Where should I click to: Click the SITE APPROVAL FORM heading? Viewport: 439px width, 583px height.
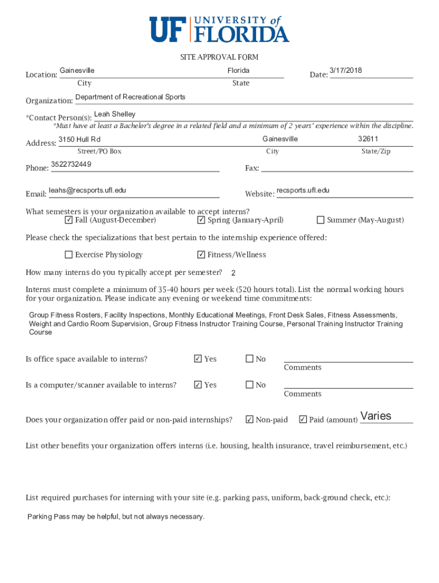pyautogui.click(x=219, y=57)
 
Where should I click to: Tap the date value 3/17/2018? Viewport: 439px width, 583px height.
pyautogui.click(x=345, y=71)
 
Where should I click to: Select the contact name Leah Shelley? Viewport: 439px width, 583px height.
pyautogui.click(x=115, y=114)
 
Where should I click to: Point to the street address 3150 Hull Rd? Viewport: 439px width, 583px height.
pyautogui.click(x=79, y=139)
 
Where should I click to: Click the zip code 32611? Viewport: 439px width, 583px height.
pyautogui.click(x=368, y=139)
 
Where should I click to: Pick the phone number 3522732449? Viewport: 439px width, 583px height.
pyautogui.click(x=71, y=165)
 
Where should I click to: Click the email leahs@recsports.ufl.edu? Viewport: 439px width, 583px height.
pyautogui.click(x=87, y=190)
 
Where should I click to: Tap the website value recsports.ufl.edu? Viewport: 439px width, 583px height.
pyautogui.click(x=303, y=190)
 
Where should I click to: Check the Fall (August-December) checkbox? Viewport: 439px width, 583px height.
pyautogui.click(x=68, y=220)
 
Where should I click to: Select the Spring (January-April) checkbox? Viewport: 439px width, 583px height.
pyautogui.click(x=201, y=220)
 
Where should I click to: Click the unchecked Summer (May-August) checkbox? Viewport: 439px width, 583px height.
pyautogui.click(x=320, y=220)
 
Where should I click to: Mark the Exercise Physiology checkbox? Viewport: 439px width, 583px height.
pyautogui.click(x=68, y=255)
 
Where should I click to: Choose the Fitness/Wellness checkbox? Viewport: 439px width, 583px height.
pyautogui.click(x=201, y=255)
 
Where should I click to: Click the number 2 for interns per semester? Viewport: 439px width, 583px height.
pyautogui.click(x=233, y=273)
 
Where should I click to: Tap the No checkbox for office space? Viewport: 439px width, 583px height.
pyautogui.click(x=249, y=359)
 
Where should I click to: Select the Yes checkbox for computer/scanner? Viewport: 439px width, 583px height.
pyautogui.click(x=198, y=385)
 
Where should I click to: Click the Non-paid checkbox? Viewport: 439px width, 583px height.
pyautogui.click(x=249, y=420)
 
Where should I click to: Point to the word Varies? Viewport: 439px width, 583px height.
pyautogui.click(x=376, y=416)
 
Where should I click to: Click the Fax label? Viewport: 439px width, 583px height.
pyautogui.click(x=251, y=168)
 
